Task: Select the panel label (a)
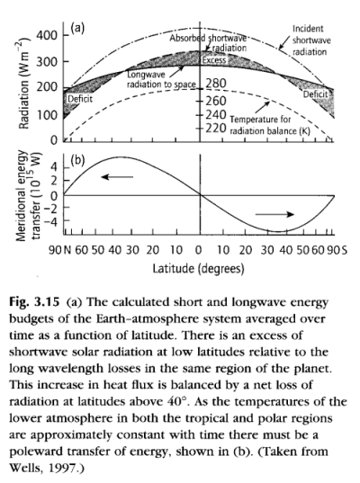point(77,28)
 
